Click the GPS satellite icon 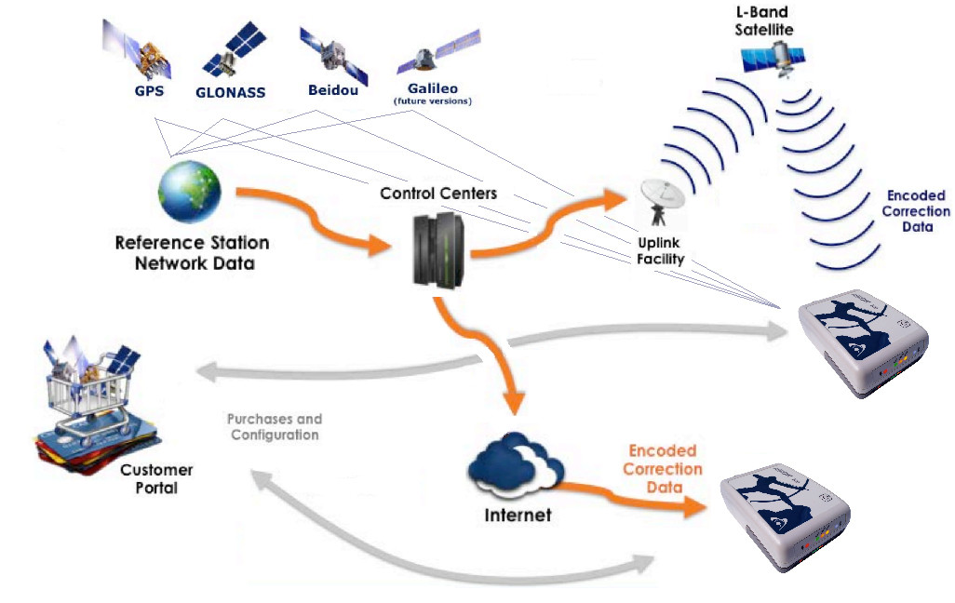tap(140, 50)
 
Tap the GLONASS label tap(230, 92)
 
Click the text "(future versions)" tap(433, 100)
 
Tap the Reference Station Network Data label tap(192, 252)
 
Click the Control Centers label tap(438, 194)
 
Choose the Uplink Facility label tap(660, 251)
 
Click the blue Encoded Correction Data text tap(917, 211)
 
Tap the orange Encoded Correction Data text tap(662, 469)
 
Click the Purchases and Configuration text tap(275, 427)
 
